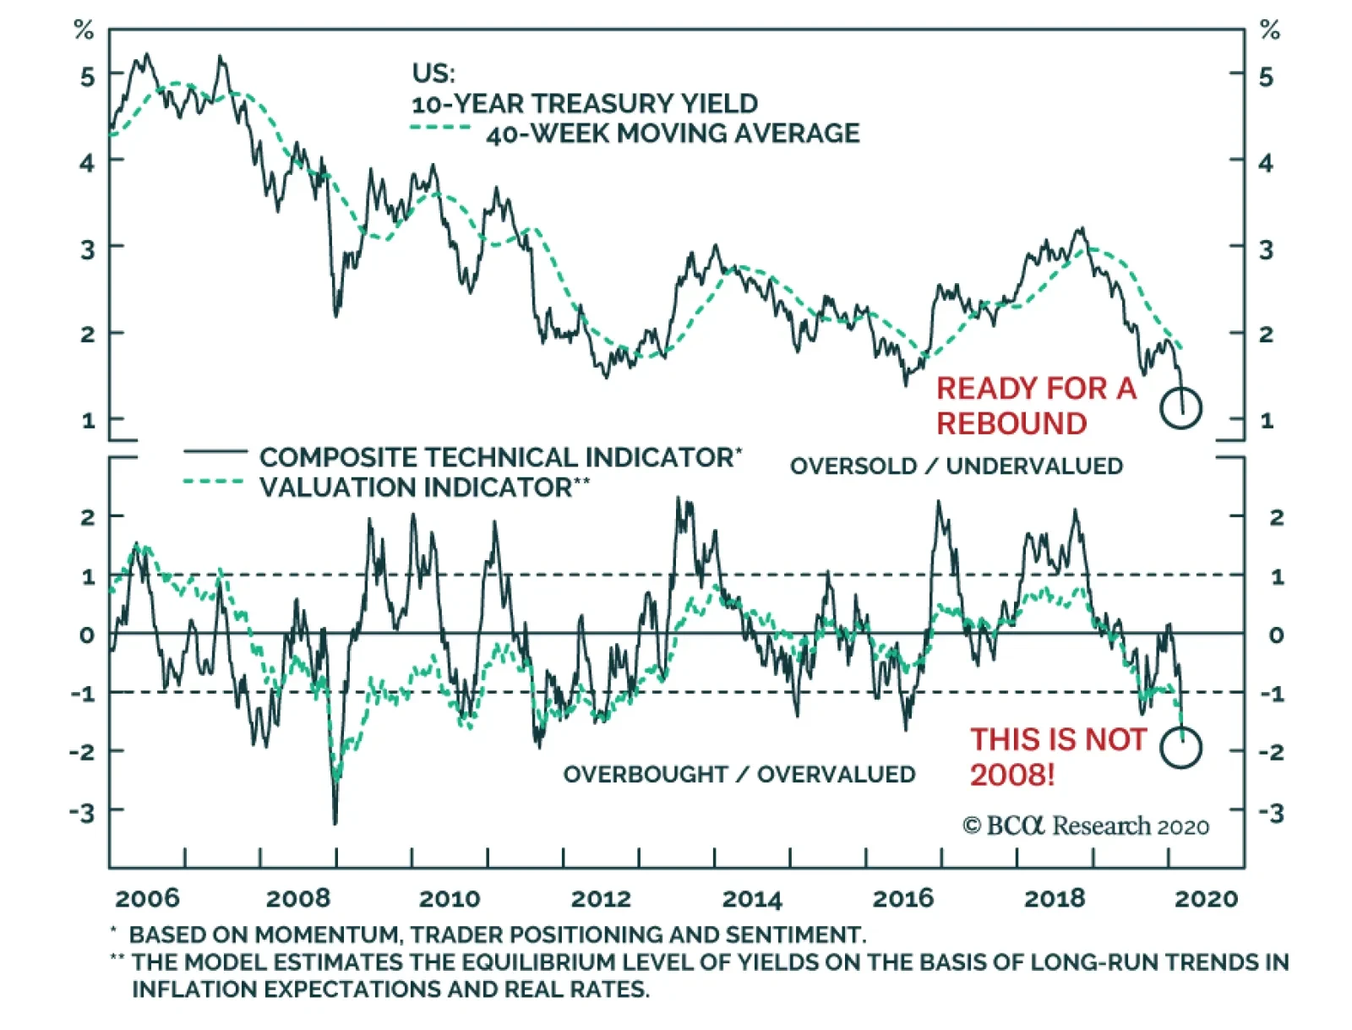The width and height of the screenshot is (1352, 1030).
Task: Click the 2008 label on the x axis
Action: tap(297, 898)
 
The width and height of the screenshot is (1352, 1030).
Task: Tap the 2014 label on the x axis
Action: tap(752, 898)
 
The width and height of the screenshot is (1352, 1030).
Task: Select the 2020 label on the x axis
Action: tap(1206, 898)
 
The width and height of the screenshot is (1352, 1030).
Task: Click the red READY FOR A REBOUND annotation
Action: tap(1036, 406)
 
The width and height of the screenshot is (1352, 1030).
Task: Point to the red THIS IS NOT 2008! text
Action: tap(1057, 756)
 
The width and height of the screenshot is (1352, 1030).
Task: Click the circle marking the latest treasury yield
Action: tap(1180, 408)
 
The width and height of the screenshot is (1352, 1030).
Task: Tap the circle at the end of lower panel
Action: tap(1180, 747)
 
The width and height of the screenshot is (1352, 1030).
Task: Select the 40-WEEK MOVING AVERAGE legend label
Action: tap(673, 134)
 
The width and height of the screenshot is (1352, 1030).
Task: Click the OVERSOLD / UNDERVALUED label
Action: tap(957, 466)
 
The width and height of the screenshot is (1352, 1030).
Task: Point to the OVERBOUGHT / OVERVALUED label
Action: tap(739, 774)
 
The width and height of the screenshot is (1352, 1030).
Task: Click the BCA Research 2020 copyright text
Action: tap(1086, 826)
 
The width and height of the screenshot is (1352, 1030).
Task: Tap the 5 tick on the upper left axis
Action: tap(88, 77)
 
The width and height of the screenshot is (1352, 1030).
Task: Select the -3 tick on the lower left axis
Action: tap(82, 813)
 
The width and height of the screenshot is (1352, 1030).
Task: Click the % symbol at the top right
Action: tap(1269, 31)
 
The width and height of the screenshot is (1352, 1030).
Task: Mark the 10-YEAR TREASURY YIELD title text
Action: tap(585, 103)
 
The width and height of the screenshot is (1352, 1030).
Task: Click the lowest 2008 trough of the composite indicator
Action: tap(335, 821)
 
